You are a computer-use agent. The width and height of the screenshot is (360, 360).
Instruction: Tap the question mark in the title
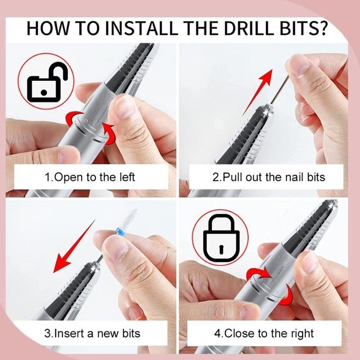pos(321,28)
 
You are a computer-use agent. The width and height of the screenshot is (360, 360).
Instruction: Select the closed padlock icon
pos(221,238)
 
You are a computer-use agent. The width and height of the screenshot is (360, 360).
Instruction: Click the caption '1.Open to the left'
pos(90,177)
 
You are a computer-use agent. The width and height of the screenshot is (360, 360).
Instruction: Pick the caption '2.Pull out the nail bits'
pos(269,177)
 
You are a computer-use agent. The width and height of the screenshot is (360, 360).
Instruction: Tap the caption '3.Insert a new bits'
pos(92,333)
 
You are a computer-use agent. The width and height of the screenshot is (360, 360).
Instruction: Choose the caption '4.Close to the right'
pos(264,334)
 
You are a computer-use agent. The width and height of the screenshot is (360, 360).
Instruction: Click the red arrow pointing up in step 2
pos(257,92)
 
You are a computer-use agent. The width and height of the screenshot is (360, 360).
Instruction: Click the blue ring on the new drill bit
pos(119,230)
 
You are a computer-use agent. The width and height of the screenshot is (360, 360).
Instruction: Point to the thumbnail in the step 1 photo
pos(124,107)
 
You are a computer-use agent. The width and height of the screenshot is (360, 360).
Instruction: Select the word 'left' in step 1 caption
pos(127,177)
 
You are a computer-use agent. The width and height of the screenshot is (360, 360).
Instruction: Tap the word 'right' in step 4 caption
pos(302,334)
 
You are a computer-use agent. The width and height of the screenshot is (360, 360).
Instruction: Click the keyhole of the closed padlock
pos(221,249)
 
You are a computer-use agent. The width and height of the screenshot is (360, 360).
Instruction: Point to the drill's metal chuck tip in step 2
pos(267,109)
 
